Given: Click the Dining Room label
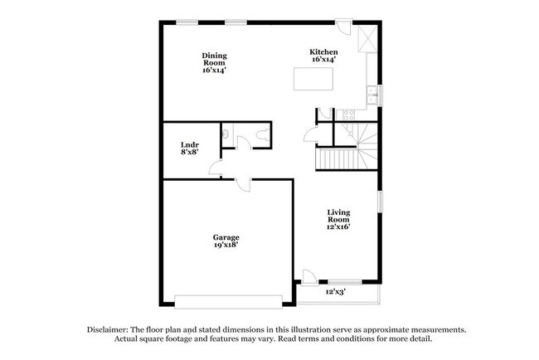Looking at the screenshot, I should tap(214, 63).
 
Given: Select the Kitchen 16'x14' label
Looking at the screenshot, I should tap(325, 56).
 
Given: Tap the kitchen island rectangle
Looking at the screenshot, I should tap(313, 79).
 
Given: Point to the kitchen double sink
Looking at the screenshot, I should tap(374, 95).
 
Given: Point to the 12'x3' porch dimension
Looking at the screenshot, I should tap(334, 292).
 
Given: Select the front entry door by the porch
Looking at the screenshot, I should tap(308, 277).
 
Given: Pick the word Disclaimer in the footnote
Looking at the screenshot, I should tap(111, 329).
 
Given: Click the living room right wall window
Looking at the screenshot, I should tap(379, 202).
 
